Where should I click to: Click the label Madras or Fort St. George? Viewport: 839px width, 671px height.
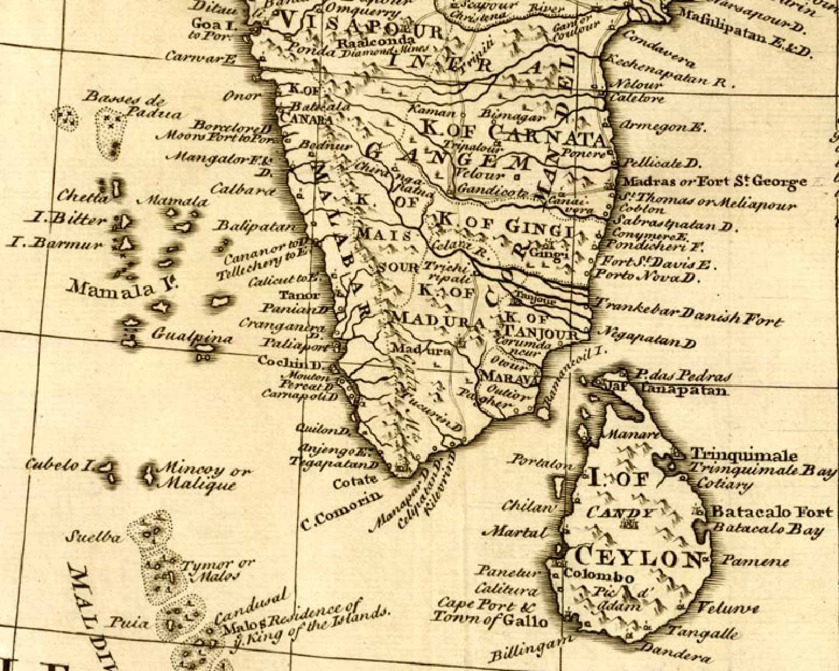(714, 182)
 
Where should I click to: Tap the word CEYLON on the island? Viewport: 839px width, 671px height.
(638, 557)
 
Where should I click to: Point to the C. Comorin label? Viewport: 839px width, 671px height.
(342, 509)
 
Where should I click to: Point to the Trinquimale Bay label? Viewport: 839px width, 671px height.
(763, 470)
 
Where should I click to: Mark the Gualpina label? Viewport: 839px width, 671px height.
(184, 336)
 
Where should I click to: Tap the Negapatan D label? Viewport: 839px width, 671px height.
(647, 337)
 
